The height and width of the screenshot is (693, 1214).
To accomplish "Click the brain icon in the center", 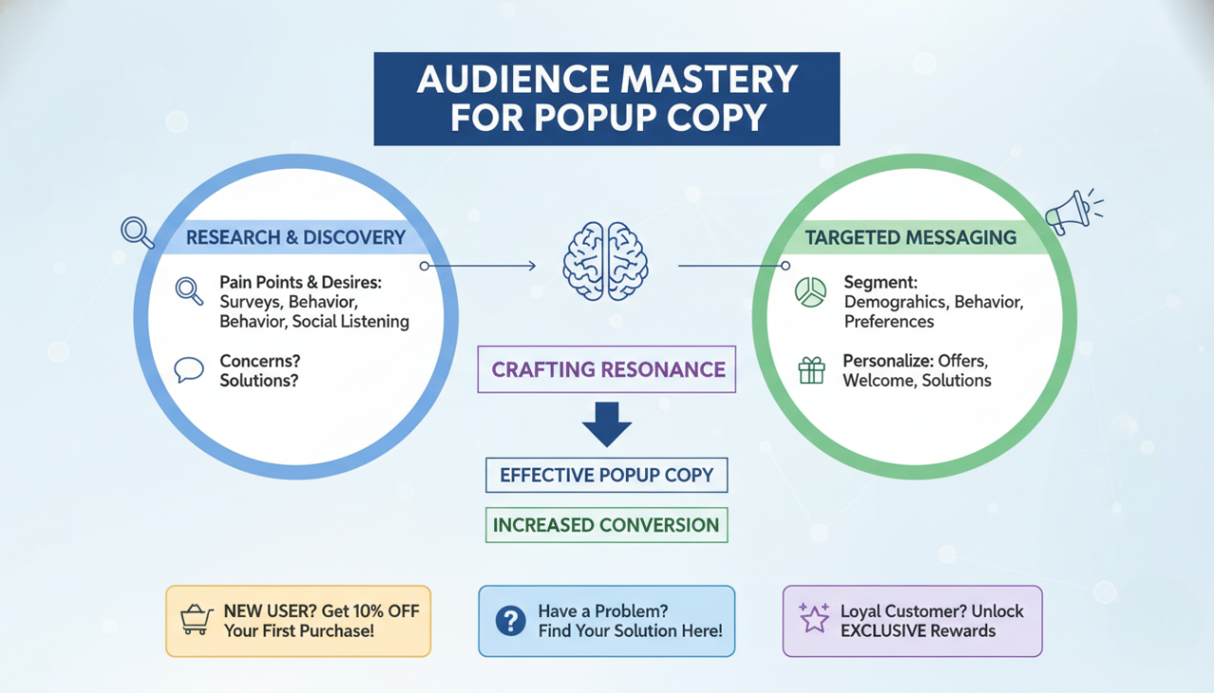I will click(x=606, y=261).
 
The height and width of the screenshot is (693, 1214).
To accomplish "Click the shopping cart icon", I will click(x=195, y=620).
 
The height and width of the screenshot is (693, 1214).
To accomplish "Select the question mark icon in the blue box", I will click(x=510, y=621).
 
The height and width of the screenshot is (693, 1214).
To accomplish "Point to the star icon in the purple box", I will click(x=814, y=618).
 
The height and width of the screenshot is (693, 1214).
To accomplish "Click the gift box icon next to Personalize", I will click(x=811, y=371).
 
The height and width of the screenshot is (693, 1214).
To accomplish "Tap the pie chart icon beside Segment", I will click(x=811, y=292).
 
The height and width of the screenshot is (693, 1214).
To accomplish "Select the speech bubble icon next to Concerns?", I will click(x=190, y=370).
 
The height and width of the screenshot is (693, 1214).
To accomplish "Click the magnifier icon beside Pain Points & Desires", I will click(x=190, y=291).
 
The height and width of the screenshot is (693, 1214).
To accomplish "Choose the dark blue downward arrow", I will click(x=606, y=424).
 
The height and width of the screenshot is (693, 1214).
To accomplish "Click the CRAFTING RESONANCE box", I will click(x=608, y=369).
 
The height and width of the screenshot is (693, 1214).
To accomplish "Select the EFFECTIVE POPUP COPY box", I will click(x=606, y=475).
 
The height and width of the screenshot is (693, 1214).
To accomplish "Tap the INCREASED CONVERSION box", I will click(x=606, y=525).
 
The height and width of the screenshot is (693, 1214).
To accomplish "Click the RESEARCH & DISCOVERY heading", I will click(x=295, y=237).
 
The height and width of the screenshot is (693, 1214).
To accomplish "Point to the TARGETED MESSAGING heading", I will click(x=910, y=237).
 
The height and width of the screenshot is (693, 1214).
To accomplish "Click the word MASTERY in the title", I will click(x=699, y=80).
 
